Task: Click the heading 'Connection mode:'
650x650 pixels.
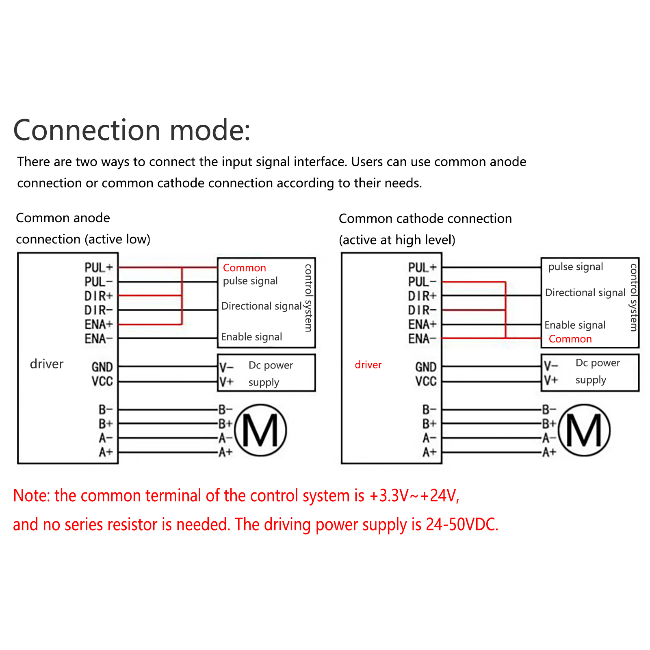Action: (132, 131)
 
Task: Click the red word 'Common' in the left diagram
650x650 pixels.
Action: (245, 268)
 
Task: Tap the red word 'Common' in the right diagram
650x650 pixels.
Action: (570, 339)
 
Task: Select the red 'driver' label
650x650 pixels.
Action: (368, 364)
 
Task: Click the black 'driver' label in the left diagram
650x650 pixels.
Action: (47, 364)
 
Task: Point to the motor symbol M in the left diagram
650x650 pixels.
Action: (260, 430)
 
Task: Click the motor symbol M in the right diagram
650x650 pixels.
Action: (584, 430)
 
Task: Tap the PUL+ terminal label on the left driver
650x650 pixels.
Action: (99, 267)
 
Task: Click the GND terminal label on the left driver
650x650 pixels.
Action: (102, 367)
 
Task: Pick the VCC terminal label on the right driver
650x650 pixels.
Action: (426, 381)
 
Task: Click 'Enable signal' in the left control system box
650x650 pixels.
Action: (251, 337)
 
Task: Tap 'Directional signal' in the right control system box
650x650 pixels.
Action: (585, 292)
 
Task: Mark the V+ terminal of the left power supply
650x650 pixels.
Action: (227, 381)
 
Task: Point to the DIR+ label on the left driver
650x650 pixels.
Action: (99, 296)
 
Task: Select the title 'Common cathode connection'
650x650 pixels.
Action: (425, 219)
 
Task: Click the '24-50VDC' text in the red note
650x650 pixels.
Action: (462, 524)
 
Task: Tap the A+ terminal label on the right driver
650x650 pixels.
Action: (429, 452)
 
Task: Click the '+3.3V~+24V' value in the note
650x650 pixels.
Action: (414, 496)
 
